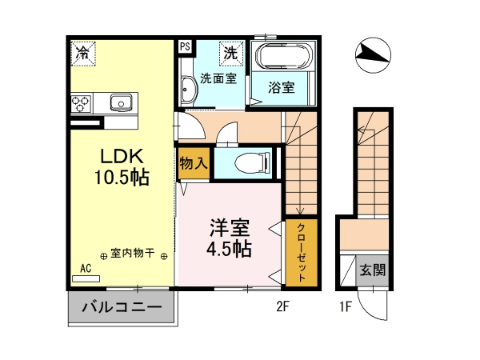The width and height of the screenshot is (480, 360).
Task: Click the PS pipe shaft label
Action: click(x=185, y=47)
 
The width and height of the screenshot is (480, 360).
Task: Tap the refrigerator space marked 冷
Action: click(x=83, y=54)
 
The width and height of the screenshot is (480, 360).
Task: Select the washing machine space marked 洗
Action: click(x=231, y=54)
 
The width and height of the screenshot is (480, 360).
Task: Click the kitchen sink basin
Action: click(x=121, y=103)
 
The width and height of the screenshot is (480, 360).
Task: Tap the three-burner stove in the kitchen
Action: click(x=81, y=103)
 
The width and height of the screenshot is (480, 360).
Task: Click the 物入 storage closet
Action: click(x=194, y=163)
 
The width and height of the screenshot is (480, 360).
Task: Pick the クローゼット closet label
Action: click(x=302, y=253)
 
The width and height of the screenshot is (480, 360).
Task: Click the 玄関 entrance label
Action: click(x=372, y=270)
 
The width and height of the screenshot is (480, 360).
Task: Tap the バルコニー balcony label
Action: click(x=122, y=306)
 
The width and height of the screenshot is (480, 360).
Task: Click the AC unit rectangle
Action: click(x=86, y=278)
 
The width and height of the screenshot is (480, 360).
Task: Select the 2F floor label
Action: click(x=282, y=306)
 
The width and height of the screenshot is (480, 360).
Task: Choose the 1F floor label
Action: click(x=346, y=306)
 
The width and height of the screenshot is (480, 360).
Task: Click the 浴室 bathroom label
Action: click(x=282, y=87)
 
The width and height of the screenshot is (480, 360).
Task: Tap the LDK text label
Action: click(x=122, y=156)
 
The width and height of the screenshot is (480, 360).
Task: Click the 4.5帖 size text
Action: click(x=229, y=249)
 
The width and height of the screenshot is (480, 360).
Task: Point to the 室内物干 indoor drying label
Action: click(x=133, y=254)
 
